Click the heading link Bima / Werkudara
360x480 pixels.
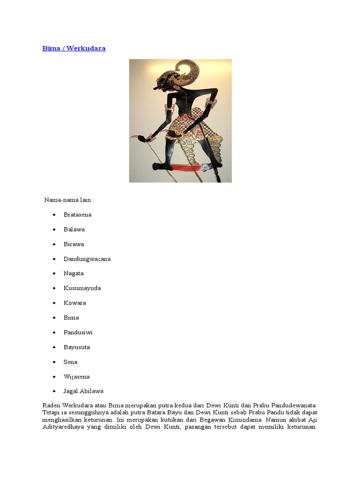(74, 48)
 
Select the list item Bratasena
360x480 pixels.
(77, 215)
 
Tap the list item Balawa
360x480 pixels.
(74, 229)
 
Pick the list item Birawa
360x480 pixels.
(74, 244)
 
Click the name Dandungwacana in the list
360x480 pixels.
(87, 259)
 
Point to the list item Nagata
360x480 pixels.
(74, 273)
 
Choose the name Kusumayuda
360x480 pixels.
(82, 288)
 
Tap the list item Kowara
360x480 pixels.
(75, 303)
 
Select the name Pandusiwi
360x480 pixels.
(78, 332)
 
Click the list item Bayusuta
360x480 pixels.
(77, 347)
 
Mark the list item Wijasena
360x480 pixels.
(76, 376)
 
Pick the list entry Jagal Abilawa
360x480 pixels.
(83, 391)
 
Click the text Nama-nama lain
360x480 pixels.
(69, 200)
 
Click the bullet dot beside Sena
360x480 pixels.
(54, 362)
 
